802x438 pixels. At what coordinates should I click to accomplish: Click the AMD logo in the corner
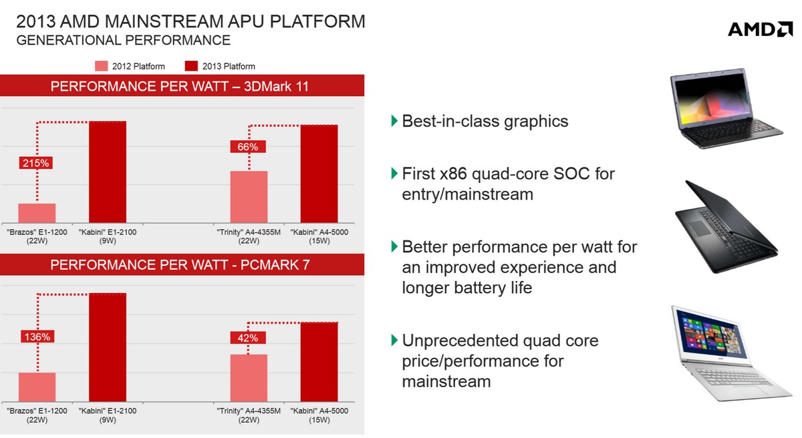pyautogui.click(x=760, y=29)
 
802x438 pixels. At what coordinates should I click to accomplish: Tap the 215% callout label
pyautogui.click(x=36, y=163)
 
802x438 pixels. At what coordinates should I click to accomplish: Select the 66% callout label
pyautogui.click(x=248, y=147)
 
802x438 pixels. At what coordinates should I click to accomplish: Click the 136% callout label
pyautogui.click(x=37, y=337)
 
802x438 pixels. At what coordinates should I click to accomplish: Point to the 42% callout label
pyautogui.click(x=248, y=338)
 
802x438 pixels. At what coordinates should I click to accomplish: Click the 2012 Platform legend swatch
pyautogui.click(x=102, y=66)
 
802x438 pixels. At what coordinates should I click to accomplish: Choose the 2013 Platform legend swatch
pyautogui.click(x=191, y=66)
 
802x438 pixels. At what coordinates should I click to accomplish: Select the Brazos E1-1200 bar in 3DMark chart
pyautogui.click(x=37, y=214)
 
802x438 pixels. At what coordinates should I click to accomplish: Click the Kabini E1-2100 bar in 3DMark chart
pyautogui.click(x=108, y=172)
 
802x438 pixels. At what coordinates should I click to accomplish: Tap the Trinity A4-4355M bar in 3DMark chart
pyautogui.click(x=249, y=197)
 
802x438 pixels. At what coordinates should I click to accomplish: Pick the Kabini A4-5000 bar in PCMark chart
pyautogui.click(x=319, y=362)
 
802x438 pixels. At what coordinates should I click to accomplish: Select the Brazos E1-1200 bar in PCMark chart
pyautogui.click(x=37, y=387)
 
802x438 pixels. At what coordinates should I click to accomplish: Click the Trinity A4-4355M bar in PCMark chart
pyautogui.click(x=249, y=378)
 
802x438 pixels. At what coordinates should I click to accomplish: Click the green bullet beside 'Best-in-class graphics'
pyautogui.click(x=394, y=121)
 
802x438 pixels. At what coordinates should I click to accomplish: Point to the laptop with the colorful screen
pyautogui.click(x=726, y=108)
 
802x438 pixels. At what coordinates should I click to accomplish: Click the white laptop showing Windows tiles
pyautogui.click(x=730, y=353)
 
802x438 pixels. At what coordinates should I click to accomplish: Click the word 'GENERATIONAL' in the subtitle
pyautogui.click(x=69, y=41)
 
